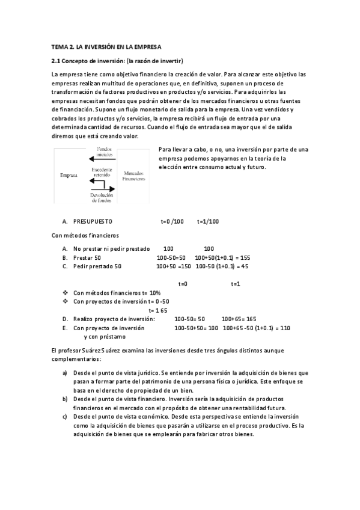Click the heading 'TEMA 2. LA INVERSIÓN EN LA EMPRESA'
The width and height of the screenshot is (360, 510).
click(x=106, y=46)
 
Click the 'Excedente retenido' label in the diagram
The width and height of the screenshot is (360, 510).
click(x=101, y=173)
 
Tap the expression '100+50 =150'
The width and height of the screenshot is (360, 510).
click(x=173, y=266)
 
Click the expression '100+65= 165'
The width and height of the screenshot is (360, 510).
click(x=239, y=319)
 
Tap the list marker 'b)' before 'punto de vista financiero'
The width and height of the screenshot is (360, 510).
click(x=65, y=399)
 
